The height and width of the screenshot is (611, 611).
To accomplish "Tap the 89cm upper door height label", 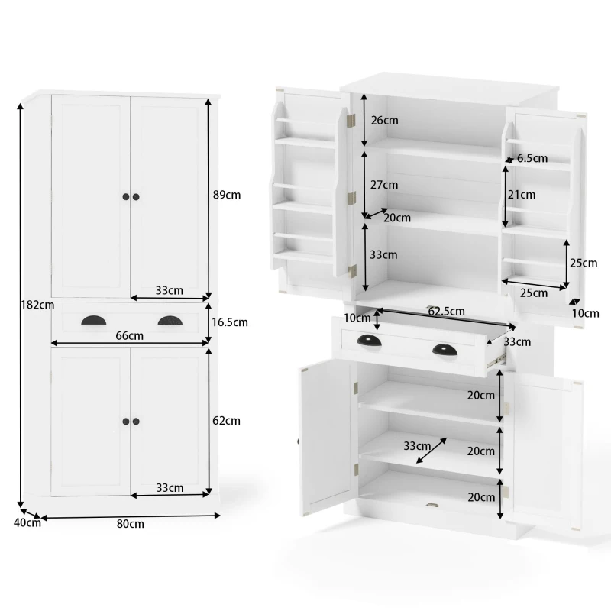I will (227, 195).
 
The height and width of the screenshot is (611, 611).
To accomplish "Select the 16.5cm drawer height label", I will (230, 322).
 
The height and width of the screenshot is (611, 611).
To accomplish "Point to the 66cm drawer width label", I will (130, 335).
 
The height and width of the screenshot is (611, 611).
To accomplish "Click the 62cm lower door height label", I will (227, 420).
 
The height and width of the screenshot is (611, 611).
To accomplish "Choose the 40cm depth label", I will (27, 522).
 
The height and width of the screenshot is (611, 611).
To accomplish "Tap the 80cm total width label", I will (131, 524).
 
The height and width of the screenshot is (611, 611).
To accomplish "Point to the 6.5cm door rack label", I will (532, 159).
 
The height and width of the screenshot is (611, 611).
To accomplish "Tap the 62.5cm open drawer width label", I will (447, 312).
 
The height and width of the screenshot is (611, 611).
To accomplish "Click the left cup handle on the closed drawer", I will (95, 321).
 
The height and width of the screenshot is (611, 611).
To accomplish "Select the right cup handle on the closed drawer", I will (170, 321).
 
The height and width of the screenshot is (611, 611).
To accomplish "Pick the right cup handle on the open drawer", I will (445, 350).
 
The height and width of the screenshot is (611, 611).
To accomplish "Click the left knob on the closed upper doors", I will (125, 197).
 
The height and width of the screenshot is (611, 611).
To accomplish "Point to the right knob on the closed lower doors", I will (137, 421).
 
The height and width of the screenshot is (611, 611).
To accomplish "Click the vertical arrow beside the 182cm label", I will (20, 305).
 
